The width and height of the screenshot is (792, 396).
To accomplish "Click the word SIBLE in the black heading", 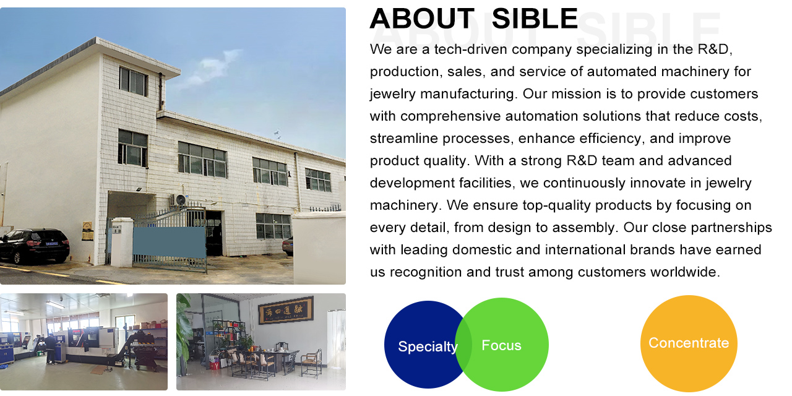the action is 535,19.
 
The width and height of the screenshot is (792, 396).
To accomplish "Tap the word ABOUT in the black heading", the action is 422,19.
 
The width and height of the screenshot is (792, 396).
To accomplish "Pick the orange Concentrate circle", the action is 689,343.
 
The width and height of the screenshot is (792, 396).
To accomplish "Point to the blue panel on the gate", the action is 170,242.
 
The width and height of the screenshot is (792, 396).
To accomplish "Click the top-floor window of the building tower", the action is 133,81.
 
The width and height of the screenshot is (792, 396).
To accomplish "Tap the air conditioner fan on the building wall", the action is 180,200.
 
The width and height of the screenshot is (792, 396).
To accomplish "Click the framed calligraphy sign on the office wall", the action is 286,310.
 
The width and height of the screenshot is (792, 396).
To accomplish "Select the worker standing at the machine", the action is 50,348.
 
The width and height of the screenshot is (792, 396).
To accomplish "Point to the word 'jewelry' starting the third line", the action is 392,94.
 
